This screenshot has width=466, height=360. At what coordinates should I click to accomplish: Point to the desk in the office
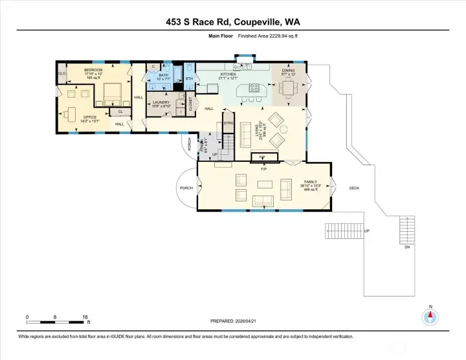click(72, 95)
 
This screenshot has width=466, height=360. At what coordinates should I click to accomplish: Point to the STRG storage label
click(228, 122)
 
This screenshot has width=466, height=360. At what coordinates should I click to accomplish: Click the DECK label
click(353, 188)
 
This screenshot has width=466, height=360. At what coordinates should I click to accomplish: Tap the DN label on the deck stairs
click(406, 247)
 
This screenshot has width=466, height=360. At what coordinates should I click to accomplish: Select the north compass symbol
click(430, 317)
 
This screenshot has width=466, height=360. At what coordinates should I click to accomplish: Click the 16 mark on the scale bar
click(85, 317)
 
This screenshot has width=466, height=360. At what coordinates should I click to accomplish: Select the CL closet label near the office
click(120, 111)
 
